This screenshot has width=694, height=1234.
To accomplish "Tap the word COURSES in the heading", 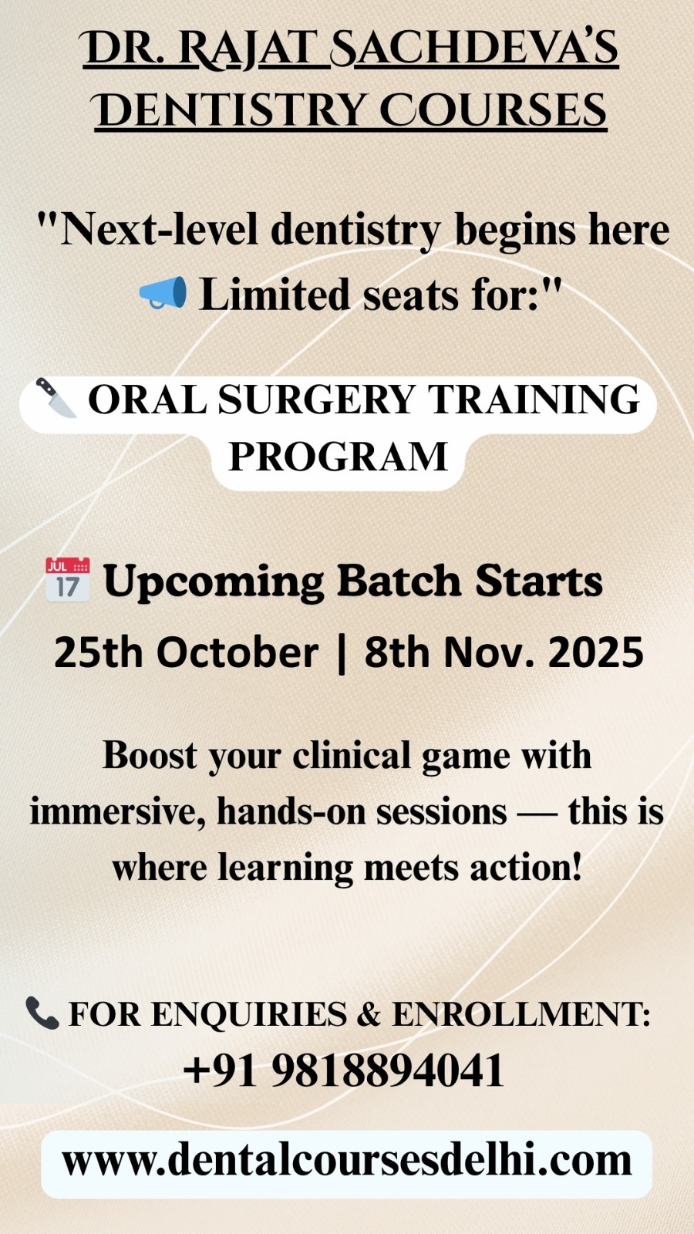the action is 493,110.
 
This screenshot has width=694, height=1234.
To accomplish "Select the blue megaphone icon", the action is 163,292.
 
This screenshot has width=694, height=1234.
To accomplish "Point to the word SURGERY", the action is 316,399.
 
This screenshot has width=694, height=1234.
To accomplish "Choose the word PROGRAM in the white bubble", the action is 339,456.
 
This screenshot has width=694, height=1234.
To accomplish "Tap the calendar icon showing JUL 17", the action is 67,579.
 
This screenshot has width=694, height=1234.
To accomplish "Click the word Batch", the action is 399,581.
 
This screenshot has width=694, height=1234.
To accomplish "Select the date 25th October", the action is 186,652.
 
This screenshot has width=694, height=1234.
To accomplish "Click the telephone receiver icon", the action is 42,1013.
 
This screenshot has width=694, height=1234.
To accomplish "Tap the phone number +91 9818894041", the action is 343,1070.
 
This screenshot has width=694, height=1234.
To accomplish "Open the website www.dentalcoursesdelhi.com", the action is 346,1162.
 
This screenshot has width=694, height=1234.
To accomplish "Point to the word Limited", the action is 275,295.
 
